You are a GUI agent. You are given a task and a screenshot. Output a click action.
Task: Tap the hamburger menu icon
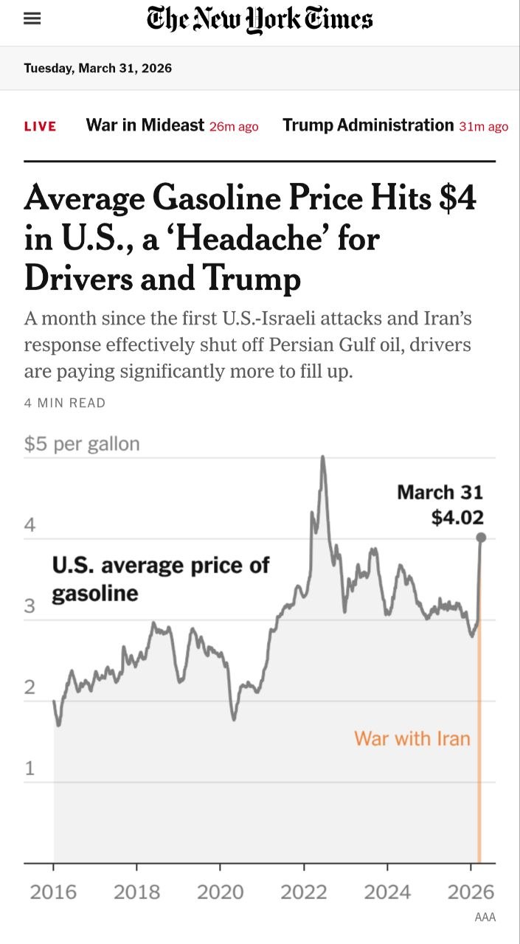32,19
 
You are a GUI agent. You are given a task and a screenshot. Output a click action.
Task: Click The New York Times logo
260,19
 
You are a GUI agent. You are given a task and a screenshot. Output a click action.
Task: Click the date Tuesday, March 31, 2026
97,69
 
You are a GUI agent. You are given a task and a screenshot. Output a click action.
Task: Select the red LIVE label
40,126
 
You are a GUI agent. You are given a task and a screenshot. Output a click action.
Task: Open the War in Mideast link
145,125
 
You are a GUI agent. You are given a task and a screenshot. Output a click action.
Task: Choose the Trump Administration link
367,125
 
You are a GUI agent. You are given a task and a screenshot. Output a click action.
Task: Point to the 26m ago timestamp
234,127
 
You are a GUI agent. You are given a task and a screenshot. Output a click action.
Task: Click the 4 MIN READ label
65,403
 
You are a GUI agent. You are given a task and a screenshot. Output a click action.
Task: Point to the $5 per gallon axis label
82,444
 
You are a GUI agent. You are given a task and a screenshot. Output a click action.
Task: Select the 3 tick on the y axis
30,606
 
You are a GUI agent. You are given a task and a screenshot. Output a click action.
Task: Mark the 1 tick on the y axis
30,768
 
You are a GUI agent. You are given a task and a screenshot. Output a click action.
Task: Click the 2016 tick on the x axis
53,892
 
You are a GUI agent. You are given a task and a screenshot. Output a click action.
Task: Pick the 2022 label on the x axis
304,892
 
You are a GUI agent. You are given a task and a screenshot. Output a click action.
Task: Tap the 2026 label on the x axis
471,892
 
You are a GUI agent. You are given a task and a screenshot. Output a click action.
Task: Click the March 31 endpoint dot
480,538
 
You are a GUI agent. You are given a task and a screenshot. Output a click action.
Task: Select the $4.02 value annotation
457,518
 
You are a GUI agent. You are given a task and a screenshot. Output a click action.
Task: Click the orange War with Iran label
412,738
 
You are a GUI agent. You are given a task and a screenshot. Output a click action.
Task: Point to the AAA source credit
485,917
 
